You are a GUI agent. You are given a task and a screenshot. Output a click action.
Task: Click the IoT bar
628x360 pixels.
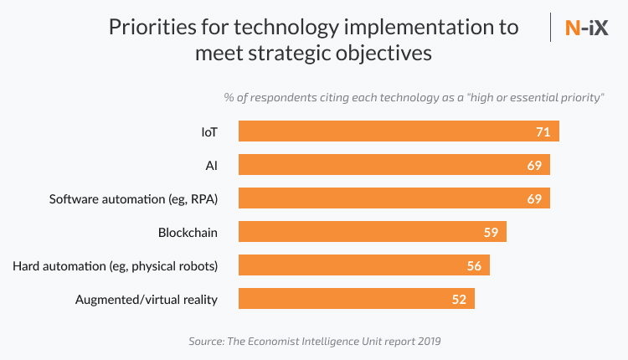pos(399,131)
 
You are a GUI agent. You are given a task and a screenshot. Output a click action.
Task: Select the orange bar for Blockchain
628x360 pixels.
pos(372,232)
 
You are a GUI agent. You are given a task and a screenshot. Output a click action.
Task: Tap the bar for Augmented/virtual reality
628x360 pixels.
pos(357,299)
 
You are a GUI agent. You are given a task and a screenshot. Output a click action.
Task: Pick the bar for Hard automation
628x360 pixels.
pos(364,265)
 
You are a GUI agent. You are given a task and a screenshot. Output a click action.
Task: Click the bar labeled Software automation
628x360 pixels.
pos(394,198)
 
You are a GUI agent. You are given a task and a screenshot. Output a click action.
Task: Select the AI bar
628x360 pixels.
pos(394,165)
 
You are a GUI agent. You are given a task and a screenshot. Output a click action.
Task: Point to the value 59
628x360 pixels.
pos(492,232)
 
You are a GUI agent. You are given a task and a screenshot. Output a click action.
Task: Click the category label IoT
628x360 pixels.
pos(208,131)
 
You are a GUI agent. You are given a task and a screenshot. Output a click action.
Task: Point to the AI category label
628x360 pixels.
pos(211,165)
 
